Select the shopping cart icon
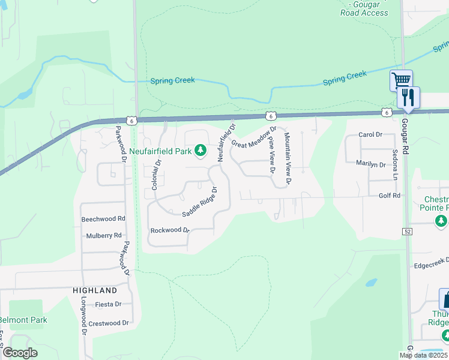[400, 80]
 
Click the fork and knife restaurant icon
[409, 97]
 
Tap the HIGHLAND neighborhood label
[94, 290]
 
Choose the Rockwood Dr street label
[170, 230]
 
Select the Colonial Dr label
[157, 174]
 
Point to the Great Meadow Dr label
[254, 137]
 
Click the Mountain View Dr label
[288, 158]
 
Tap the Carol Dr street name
[370, 135]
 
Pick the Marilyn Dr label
[370, 164]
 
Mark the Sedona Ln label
[395, 164]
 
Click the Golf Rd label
[389, 196]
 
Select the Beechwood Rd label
[103, 219]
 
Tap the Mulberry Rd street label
[104, 236]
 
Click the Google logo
[19, 353]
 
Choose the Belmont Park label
[23, 320]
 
